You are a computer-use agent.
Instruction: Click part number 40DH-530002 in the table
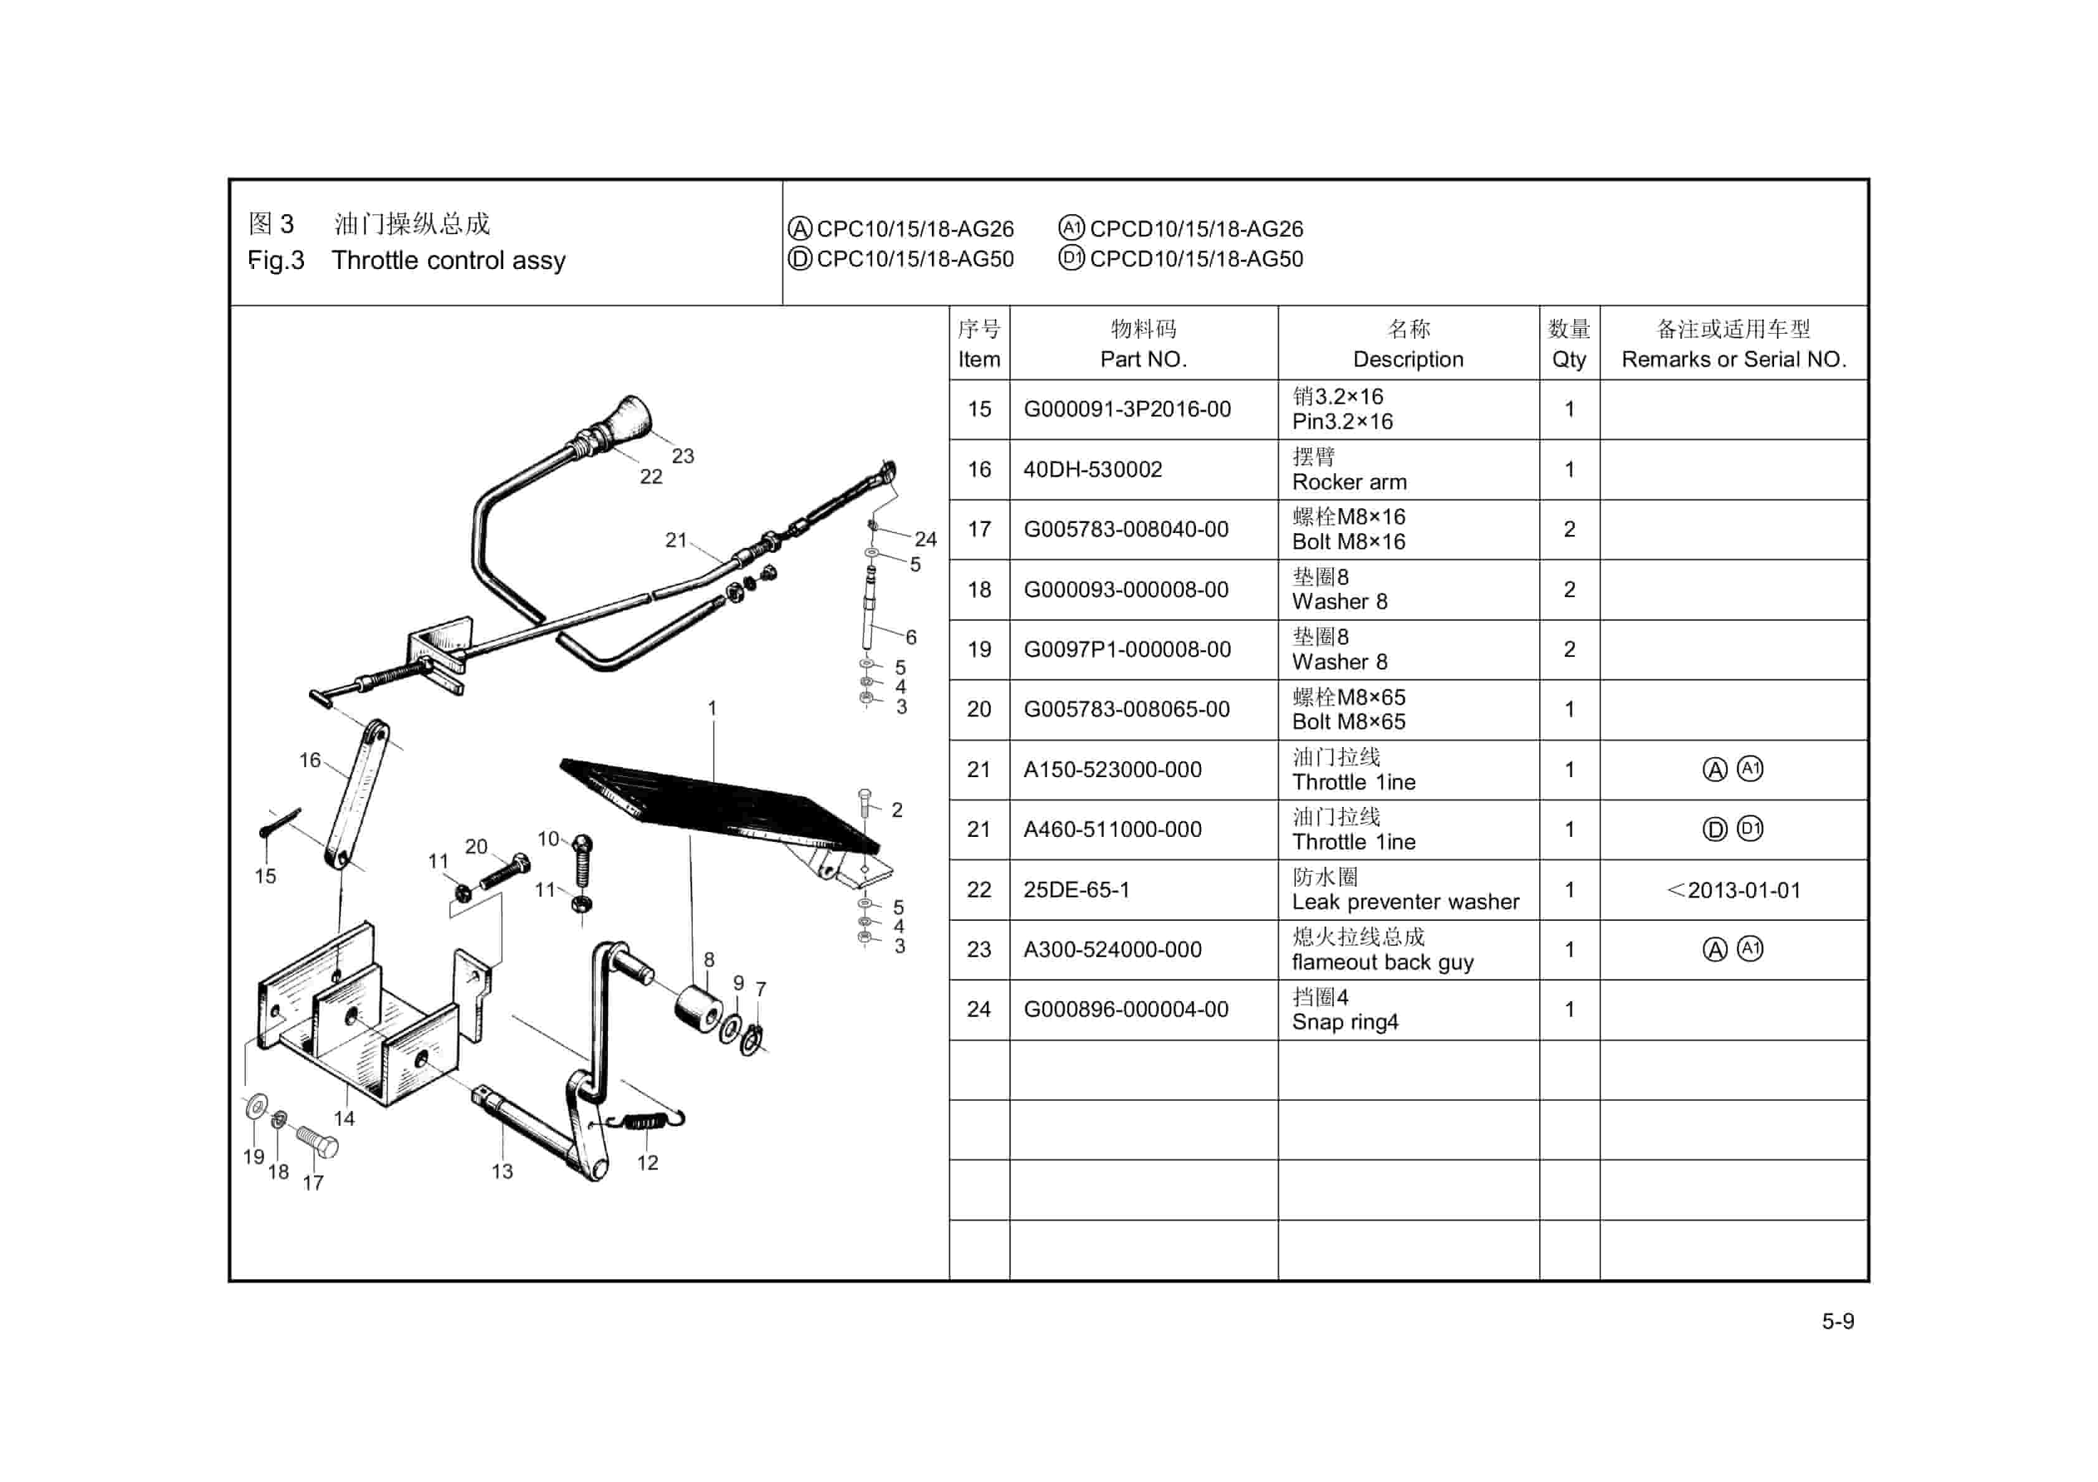[1092, 470]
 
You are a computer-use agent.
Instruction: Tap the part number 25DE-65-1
[1076, 889]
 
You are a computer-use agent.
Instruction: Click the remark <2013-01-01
[1734, 890]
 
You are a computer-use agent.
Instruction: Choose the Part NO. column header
[1143, 344]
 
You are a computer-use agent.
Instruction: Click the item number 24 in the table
[979, 1009]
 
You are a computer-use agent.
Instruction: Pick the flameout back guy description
[1382, 962]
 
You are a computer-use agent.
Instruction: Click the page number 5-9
[1838, 1321]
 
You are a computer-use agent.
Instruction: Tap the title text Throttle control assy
[448, 260]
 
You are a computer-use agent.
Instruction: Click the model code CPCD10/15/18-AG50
[1196, 260]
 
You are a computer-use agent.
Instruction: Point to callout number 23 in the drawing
[683, 456]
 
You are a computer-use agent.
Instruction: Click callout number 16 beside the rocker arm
[310, 760]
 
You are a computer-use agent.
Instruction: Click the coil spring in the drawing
[647, 1120]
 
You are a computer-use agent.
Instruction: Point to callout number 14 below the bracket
[344, 1118]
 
